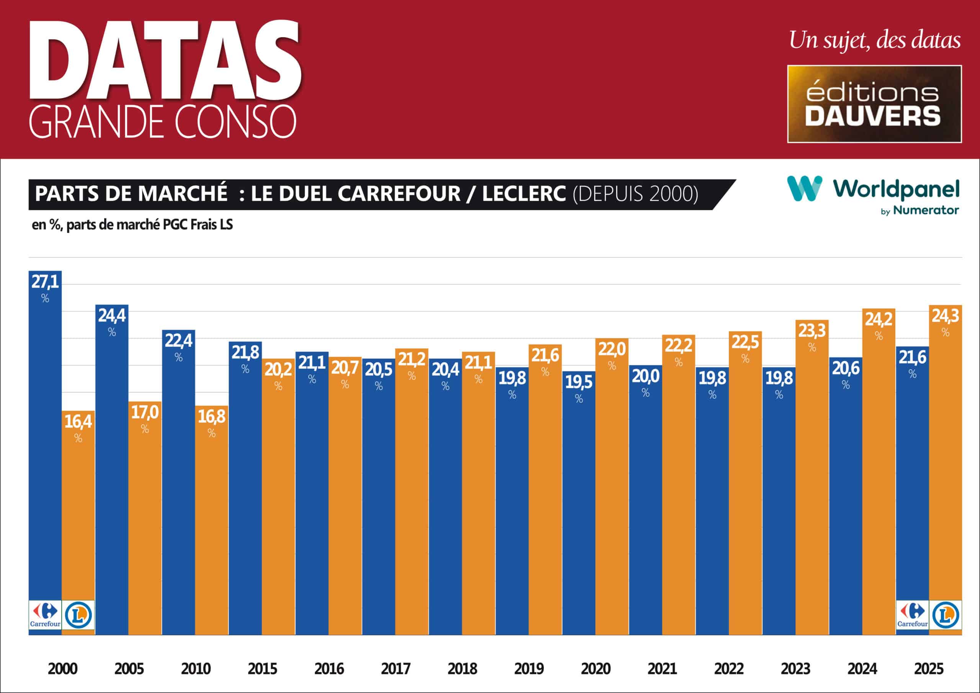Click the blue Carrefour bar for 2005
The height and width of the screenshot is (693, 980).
pyautogui.click(x=111, y=470)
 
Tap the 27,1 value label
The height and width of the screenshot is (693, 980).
pyautogui.click(x=45, y=282)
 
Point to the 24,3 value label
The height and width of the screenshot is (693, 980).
pyautogui.click(x=945, y=316)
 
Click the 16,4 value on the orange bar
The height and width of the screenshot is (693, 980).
pyautogui.click(x=78, y=422)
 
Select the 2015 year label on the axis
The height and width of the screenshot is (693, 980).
pyautogui.click(x=262, y=668)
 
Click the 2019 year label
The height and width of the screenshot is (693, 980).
pyautogui.click(x=529, y=668)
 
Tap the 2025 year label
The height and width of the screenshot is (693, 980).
pyautogui.click(x=928, y=668)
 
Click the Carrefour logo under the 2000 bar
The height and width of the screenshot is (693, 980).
pyautogui.click(x=45, y=615)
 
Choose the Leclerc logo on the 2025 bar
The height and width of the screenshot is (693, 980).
pyautogui.click(x=946, y=615)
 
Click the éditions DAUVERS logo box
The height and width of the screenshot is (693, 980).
pyautogui.click(x=874, y=104)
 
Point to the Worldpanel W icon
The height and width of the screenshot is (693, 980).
pyautogui.click(x=804, y=189)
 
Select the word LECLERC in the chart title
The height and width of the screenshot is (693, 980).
pyautogui.click(x=524, y=194)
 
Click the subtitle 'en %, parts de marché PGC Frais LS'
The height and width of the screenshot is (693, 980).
pyautogui.click(x=132, y=225)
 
